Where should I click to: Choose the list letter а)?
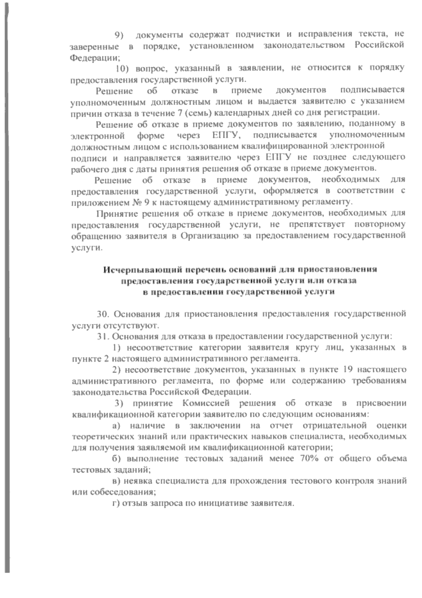(117, 425)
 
